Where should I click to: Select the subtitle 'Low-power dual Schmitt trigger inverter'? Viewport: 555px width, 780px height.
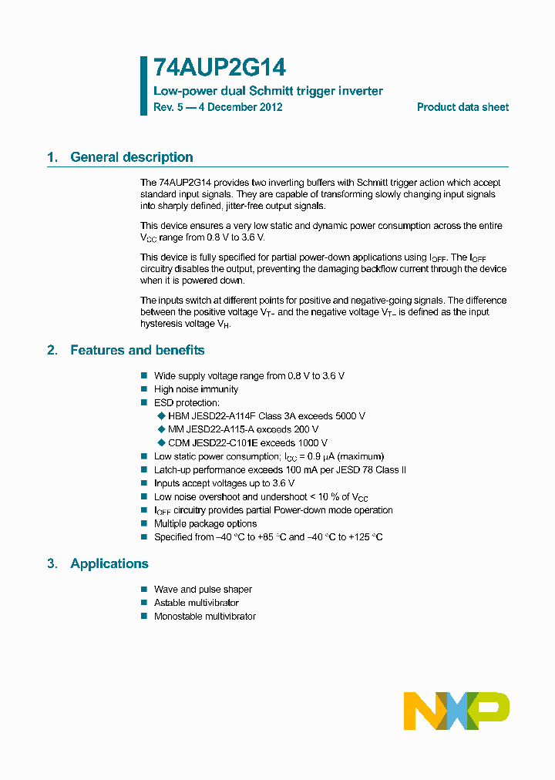pyautogui.click(x=268, y=91)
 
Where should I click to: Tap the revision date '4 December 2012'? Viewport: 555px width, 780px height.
pyautogui.click(x=240, y=107)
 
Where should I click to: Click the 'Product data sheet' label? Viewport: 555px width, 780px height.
pyautogui.click(x=462, y=107)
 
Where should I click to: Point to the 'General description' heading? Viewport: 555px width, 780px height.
pyautogui.click(x=132, y=157)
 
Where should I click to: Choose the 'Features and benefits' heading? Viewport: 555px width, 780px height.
pyautogui.click(x=137, y=350)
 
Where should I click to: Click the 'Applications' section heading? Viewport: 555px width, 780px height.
pyautogui.click(x=109, y=563)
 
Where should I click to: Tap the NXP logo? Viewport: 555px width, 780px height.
pyautogui.click(x=456, y=711)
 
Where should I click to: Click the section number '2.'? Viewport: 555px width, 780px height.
pyautogui.click(x=52, y=350)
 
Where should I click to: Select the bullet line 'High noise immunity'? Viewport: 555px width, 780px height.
pyautogui.click(x=196, y=389)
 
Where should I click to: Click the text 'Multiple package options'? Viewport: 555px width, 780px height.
pyautogui.click(x=205, y=523)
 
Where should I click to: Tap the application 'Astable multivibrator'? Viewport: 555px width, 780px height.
pyautogui.click(x=197, y=603)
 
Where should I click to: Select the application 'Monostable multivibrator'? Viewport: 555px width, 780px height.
pyautogui.click(x=205, y=616)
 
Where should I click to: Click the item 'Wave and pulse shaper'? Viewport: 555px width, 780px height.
pyautogui.click(x=203, y=590)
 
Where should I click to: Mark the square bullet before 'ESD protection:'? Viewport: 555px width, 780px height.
pyautogui.click(x=143, y=402)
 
